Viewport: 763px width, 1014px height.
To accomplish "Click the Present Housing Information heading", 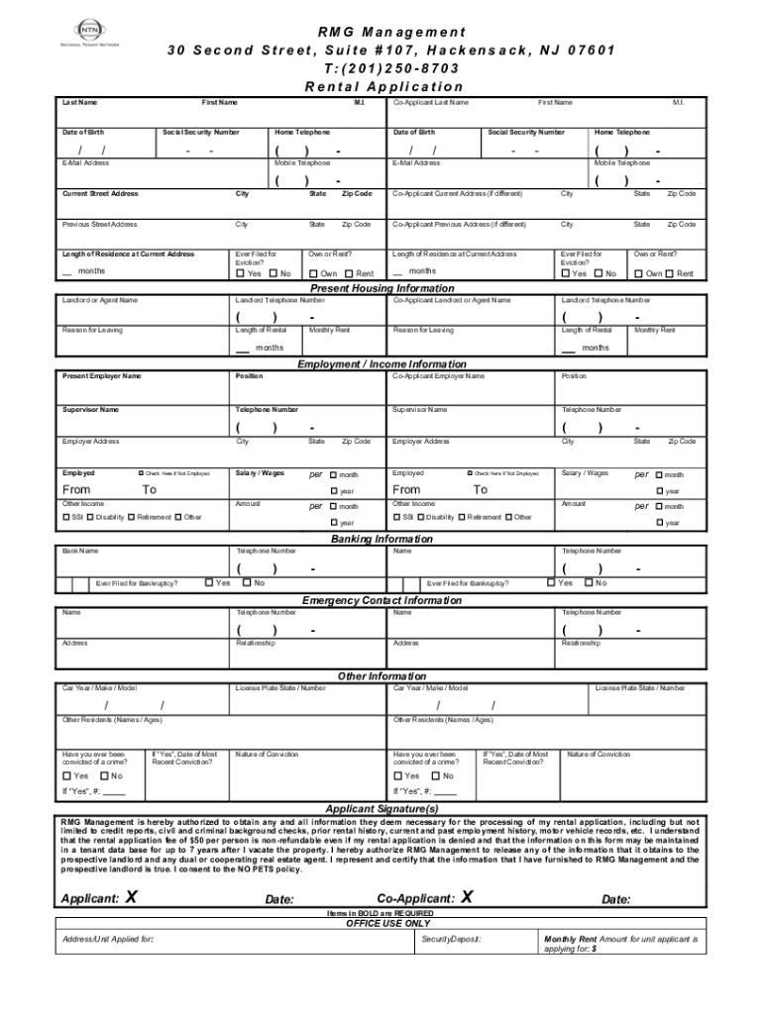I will pyautogui.click(x=381, y=289).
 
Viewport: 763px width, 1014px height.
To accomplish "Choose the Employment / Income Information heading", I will pyautogui.click(x=381, y=364).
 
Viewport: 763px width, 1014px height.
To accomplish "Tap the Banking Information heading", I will pyautogui.click(x=381, y=539).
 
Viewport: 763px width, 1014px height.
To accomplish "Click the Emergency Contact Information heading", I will pyautogui.click(x=381, y=600).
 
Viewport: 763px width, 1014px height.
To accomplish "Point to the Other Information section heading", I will pyautogui.click(x=381, y=676).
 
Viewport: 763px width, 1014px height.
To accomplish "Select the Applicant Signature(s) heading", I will pyautogui.click(x=381, y=808).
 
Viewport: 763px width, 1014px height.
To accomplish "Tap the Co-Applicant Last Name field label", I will pyautogui.click(x=431, y=102).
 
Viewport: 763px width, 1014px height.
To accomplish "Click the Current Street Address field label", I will pyautogui.click(x=100, y=194).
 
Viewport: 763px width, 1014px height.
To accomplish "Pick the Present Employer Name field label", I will pyautogui.click(x=101, y=376).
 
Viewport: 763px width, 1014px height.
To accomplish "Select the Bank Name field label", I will pyautogui.click(x=80, y=551).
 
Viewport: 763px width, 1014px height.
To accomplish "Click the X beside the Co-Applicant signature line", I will pyautogui.click(x=467, y=897).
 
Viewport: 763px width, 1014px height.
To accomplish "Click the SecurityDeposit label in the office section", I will pyautogui.click(x=451, y=938).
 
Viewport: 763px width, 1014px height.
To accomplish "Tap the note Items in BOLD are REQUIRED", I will pyautogui.click(x=381, y=913).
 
